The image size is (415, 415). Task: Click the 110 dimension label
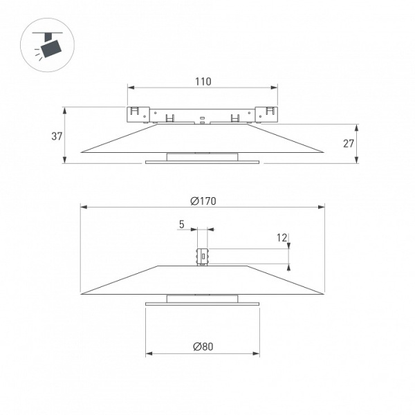[x=203, y=82]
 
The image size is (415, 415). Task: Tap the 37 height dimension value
[x=57, y=136]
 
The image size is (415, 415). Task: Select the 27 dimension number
[x=349, y=143]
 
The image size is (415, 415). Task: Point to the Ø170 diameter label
[x=203, y=201]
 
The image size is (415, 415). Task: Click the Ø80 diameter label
[x=203, y=347]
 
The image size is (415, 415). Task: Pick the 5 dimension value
[x=181, y=224]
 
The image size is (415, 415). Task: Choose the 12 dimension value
[x=282, y=238]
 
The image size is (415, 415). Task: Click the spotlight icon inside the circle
[x=48, y=45]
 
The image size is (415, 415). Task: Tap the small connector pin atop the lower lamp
[x=202, y=257]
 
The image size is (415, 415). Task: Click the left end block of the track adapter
[x=138, y=115]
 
